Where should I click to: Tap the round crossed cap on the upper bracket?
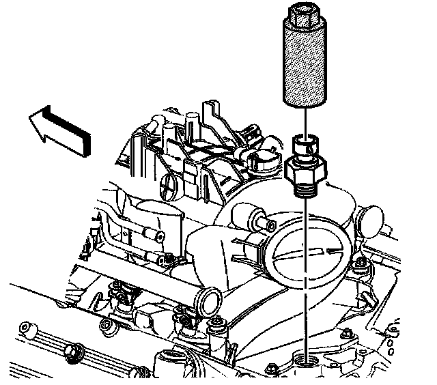tap(170, 184)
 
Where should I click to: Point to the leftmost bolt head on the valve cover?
tap(27, 329)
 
